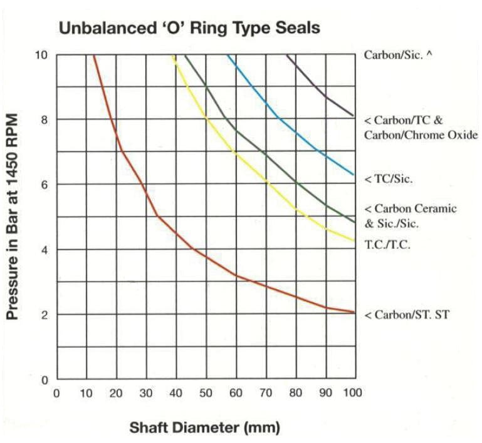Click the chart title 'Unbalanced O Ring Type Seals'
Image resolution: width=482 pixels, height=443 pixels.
[x=189, y=28]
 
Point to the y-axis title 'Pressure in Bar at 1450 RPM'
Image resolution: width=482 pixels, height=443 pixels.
[x=12, y=216]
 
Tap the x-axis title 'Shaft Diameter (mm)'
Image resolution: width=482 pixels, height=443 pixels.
[x=204, y=428]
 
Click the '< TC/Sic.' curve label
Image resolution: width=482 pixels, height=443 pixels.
[x=388, y=179]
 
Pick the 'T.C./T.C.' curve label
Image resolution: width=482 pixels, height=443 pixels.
[x=387, y=245]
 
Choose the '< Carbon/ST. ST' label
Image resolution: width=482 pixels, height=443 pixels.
[x=406, y=315]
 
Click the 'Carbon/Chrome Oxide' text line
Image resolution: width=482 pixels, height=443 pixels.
[x=421, y=135]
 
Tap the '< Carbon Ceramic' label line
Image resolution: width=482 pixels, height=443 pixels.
[x=411, y=208]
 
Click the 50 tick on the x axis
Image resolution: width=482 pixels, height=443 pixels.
[x=205, y=393]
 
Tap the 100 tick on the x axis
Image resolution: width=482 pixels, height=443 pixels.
[x=354, y=393]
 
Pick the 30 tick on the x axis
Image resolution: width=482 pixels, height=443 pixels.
[x=145, y=393]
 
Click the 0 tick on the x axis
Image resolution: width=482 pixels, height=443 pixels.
[x=56, y=393]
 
